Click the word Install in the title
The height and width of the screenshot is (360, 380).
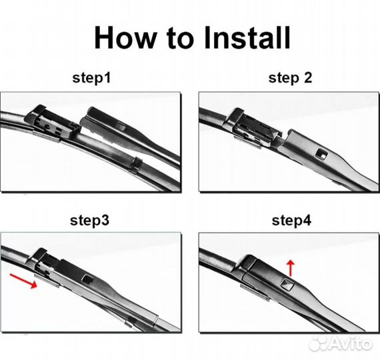point(247,37)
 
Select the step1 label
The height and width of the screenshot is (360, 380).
point(91,78)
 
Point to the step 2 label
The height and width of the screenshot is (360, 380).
point(290,78)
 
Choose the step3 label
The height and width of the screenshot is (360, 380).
point(90,221)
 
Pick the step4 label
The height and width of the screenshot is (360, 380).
point(291,221)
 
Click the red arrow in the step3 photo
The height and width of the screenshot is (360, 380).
point(23,281)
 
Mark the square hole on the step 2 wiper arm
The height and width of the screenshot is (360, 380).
point(321,154)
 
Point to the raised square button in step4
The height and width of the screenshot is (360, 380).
point(287,285)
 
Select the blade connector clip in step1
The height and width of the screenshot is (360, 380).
point(52,123)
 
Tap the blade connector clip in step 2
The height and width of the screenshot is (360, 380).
point(253,129)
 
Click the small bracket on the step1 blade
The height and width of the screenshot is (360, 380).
point(136,164)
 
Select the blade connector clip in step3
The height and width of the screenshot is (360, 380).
point(46,265)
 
